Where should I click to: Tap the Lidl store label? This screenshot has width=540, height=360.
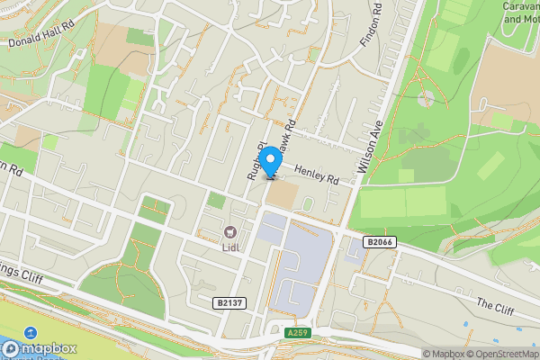coord(233,246)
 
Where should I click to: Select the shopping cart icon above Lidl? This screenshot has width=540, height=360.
coord(231,232)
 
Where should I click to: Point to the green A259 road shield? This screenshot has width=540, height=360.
coord(300,333)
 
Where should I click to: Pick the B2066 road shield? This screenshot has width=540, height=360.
coord(380,242)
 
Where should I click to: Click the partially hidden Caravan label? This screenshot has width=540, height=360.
coord(520,5)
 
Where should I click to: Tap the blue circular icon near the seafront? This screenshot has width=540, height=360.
coord(31,334)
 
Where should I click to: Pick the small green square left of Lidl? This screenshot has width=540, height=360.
coord(216,201)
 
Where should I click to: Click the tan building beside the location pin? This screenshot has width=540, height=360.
coord(282,194)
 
